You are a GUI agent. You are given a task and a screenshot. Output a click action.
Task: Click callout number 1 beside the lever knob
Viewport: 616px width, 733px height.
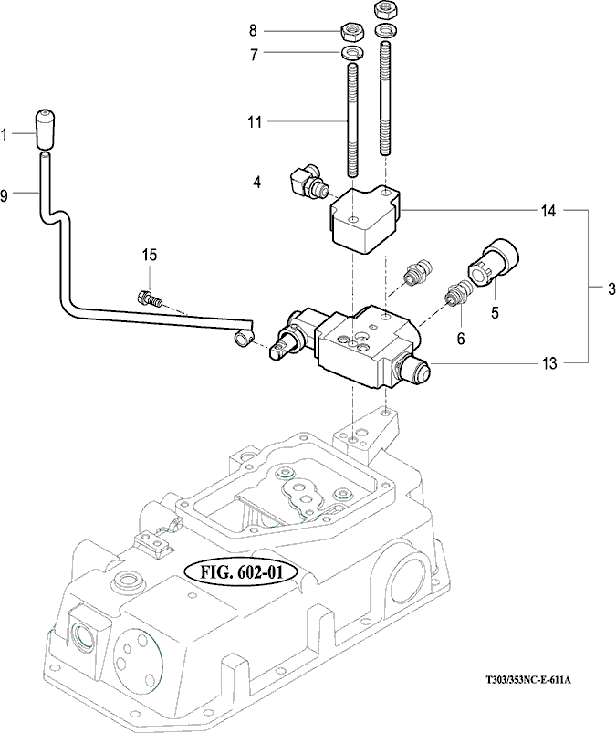pyautogui.click(x=5, y=135)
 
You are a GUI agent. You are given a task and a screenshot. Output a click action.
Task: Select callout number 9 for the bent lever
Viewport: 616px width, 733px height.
pyautogui.click(x=5, y=194)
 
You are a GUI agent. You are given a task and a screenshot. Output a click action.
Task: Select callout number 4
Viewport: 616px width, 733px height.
pyautogui.click(x=258, y=183)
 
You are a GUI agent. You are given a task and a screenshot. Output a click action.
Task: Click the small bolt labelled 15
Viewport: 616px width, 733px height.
pyautogui.click(x=149, y=297)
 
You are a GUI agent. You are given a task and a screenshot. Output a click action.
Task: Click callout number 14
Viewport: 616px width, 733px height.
pyautogui.click(x=548, y=210)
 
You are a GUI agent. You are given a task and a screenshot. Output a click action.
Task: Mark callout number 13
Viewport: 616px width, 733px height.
pyautogui.click(x=548, y=363)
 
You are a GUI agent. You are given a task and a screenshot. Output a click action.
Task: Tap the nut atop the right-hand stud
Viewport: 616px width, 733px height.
pyautogui.click(x=384, y=9)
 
